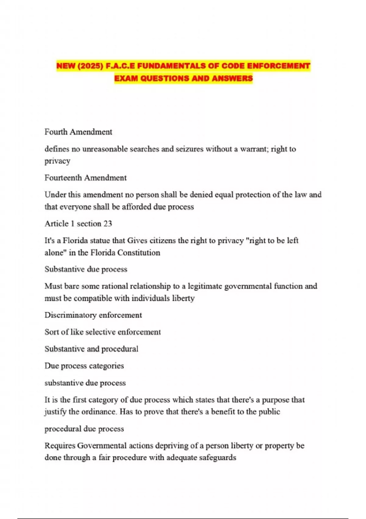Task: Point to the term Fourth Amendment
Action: coord(78,132)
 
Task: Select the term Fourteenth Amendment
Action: coord(85,178)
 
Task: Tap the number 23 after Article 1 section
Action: coord(108,223)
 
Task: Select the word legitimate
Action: coord(205,286)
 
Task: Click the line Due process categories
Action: coord(84,366)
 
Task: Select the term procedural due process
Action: coord(84,429)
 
